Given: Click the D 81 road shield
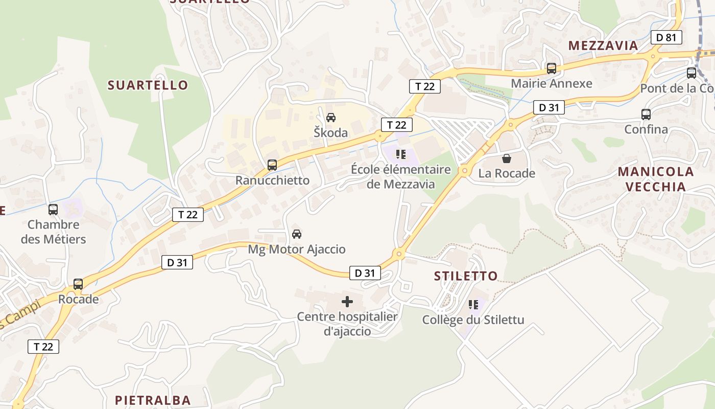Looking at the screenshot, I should pyautogui.click(x=666, y=37).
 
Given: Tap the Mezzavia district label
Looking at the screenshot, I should pyautogui.click(x=603, y=46).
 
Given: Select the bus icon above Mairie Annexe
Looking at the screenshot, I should pyautogui.click(x=551, y=69).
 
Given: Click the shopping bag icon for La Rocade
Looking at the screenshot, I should pyautogui.click(x=506, y=158).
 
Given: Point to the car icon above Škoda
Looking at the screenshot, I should pyautogui.click(x=331, y=118).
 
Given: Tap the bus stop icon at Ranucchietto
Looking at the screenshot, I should pyautogui.click(x=272, y=165).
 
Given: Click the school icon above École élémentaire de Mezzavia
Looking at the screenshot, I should pyautogui.click(x=401, y=154).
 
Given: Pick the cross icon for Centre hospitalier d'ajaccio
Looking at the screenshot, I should pyautogui.click(x=347, y=302).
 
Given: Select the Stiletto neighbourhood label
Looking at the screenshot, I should pyautogui.click(x=465, y=276).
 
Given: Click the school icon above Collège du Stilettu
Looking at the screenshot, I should pyautogui.click(x=473, y=305).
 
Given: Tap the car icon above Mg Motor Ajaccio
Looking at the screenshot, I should pyautogui.click(x=296, y=234).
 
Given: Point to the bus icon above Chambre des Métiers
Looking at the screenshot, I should pyautogui.click(x=53, y=210).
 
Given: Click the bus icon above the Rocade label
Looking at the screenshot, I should pyautogui.click(x=78, y=284).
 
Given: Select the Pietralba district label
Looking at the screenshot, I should pyautogui.click(x=153, y=400).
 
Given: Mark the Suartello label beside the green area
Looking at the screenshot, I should pyautogui.click(x=148, y=85).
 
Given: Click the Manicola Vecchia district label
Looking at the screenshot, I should pyautogui.click(x=656, y=179).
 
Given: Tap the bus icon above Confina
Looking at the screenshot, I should pyautogui.click(x=646, y=115).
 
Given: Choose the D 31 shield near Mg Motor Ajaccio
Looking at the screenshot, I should pyautogui.click(x=177, y=263).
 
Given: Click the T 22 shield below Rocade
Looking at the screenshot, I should pyautogui.click(x=43, y=347).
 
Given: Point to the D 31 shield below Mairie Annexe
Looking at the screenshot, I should pyautogui.click(x=549, y=107).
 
